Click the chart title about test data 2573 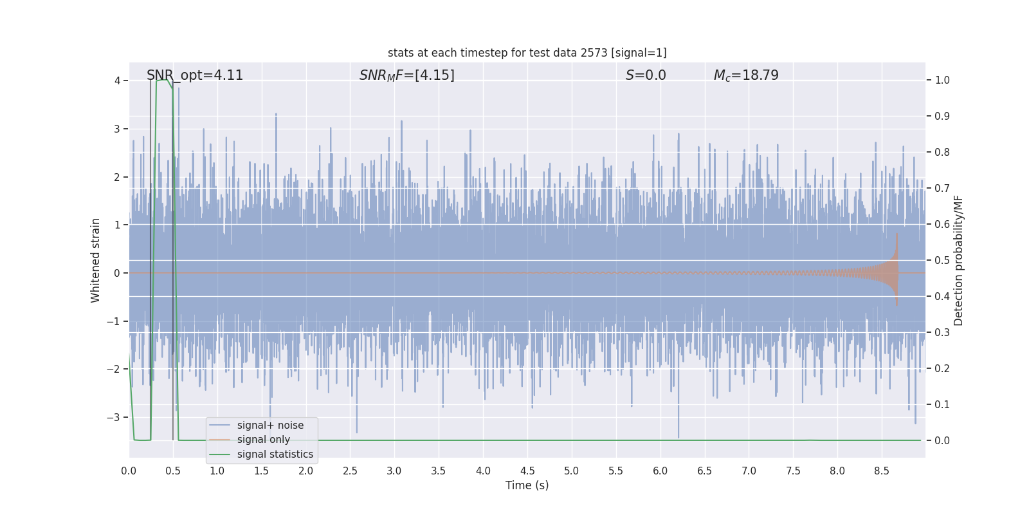(x=527, y=53)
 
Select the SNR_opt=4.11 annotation (x=195, y=75)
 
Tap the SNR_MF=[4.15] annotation (x=406, y=75)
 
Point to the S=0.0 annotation (x=646, y=75)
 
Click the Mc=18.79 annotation (x=746, y=75)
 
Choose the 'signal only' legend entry (x=263, y=440)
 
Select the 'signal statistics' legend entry (x=275, y=454)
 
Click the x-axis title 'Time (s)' (x=527, y=485)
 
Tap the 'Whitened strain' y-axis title (x=96, y=260)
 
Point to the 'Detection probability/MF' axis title (x=958, y=260)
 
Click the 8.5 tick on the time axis (x=882, y=471)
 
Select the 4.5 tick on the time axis (x=527, y=471)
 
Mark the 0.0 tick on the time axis (x=129, y=471)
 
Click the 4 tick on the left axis (x=118, y=80)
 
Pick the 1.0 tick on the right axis (x=942, y=80)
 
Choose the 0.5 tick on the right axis (x=942, y=261)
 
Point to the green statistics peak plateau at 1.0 (x=162, y=80)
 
